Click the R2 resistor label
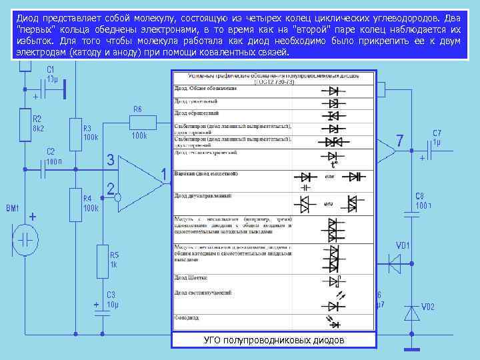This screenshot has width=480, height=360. pyautogui.click(x=37, y=117)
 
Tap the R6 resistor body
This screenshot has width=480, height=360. pyautogui.click(x=141, y=122)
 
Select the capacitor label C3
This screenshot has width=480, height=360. pyautogui.click(x=111, y=295)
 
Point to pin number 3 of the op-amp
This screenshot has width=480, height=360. pyautogui.click(x=111, y=160)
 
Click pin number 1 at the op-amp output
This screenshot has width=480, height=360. pyautogui.click(x=164, y=174)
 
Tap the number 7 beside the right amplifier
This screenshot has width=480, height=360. pyautogui.click(x=399, y=141)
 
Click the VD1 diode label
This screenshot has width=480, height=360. pyautogui.click(x=404, y=245)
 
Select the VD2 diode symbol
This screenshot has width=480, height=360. pyautogui.click(x=413, y=312)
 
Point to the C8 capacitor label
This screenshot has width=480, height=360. pyautogui.click(x=420, y=195)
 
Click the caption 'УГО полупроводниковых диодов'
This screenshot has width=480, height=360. pyautogui.click(x=274, y=341)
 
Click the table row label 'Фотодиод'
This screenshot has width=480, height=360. pyautogui.click(x=187, y=318)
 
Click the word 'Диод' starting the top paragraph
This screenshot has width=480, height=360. pyautogui.click(x=29, y=19)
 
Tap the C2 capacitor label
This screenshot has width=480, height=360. pyautogui.click(x=51, y=151)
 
